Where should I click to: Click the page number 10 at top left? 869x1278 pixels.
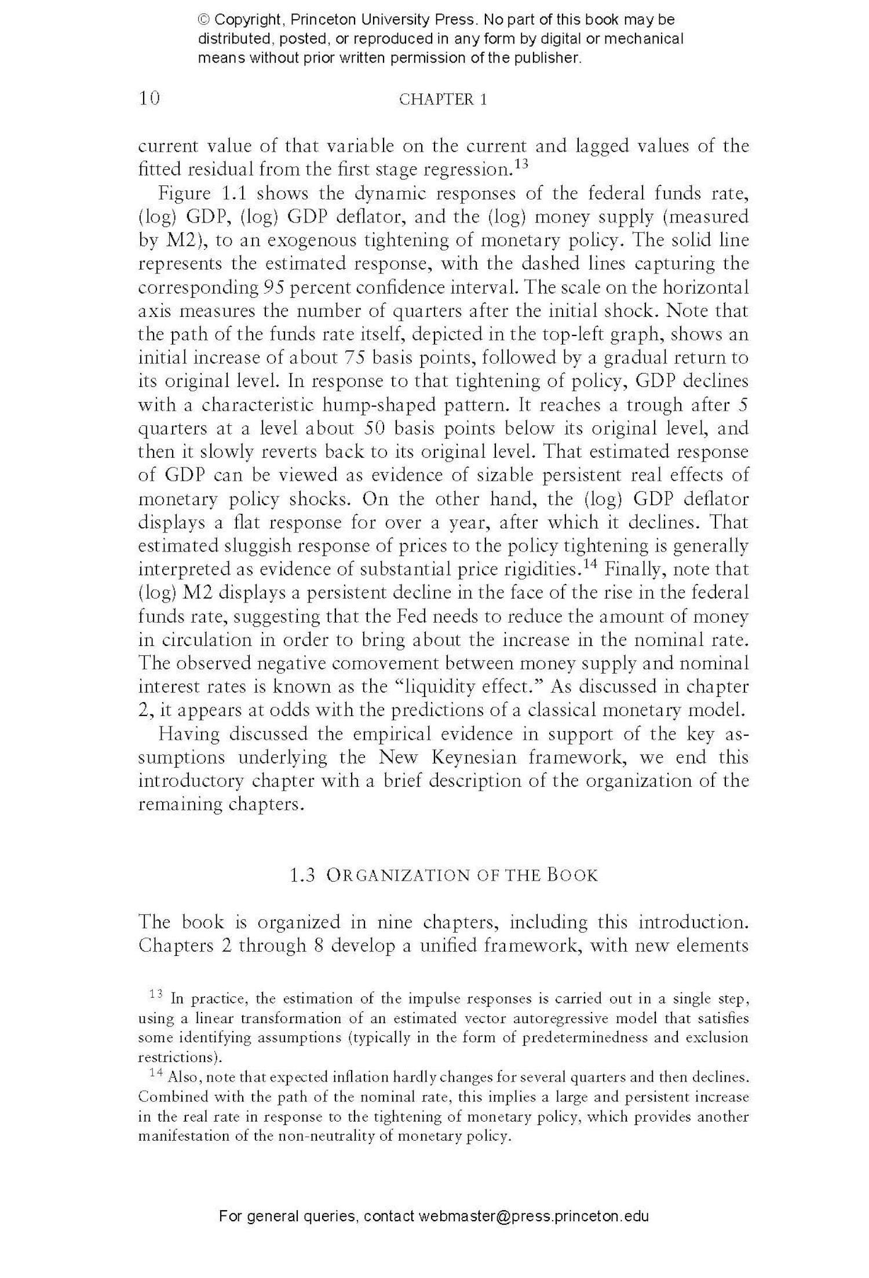(149, 98)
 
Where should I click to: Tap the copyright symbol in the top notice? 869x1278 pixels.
(204, 20)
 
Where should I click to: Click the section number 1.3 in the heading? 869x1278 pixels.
(302, 875)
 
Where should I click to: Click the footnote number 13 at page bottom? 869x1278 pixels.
(155, 995)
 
